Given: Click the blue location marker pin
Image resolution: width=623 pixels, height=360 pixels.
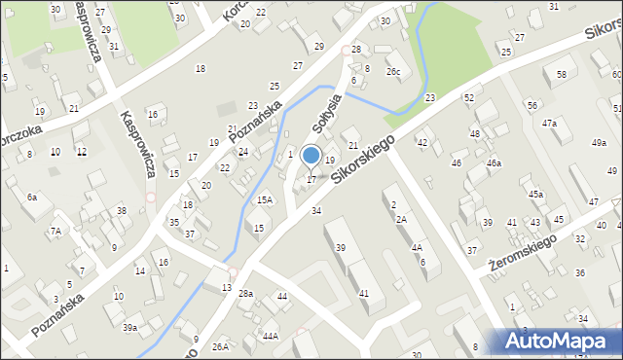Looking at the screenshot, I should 311,156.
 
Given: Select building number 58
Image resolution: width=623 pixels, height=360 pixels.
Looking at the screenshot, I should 562,74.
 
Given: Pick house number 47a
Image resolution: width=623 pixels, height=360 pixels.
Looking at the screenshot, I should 550,124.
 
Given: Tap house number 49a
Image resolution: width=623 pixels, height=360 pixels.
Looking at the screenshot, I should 599,143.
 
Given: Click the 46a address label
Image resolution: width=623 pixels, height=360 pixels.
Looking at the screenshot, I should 495,163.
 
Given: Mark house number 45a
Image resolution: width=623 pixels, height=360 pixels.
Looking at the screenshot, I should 535,195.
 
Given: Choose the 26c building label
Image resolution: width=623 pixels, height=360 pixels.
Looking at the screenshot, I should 393,72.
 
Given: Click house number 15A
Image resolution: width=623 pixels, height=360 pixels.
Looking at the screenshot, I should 264,199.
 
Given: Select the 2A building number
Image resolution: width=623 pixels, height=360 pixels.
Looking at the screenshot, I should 400,219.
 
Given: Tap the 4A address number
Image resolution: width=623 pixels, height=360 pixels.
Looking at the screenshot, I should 417,247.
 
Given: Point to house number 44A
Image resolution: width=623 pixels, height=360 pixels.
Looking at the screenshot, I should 270,336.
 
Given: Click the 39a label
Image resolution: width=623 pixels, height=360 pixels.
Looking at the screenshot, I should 129,328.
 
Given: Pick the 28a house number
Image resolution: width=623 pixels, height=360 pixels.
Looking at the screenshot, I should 246,293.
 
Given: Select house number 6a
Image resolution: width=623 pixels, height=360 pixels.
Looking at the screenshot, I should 32,198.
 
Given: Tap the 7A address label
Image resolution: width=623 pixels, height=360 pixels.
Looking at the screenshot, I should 55,232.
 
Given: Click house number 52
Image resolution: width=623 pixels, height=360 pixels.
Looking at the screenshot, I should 469,98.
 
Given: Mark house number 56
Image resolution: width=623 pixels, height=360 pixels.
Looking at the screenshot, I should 531,105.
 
